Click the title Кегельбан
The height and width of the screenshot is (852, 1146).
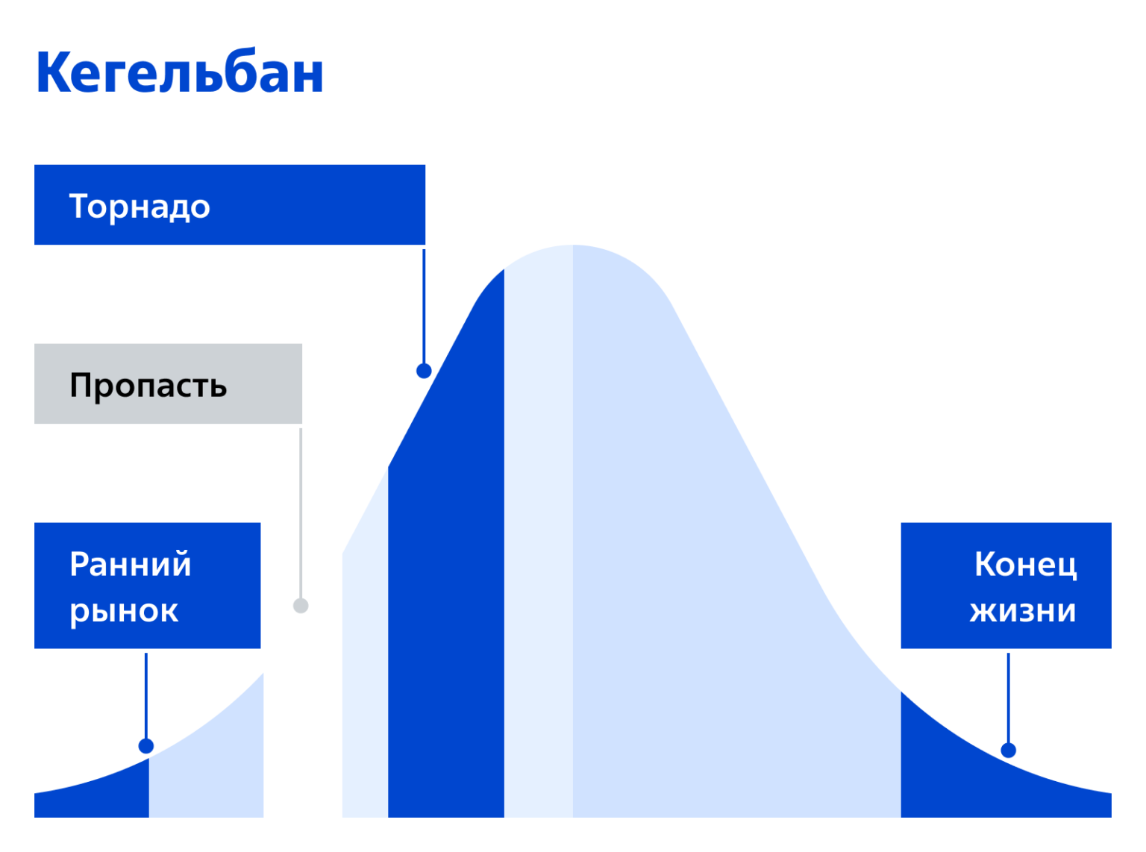click(179, 72)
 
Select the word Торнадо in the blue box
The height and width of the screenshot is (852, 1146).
click(140, 207)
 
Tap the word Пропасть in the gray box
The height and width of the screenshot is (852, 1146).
click(148, 386)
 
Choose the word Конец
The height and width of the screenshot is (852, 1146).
click(1025, 564)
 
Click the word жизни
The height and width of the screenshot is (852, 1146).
click(1022, 611)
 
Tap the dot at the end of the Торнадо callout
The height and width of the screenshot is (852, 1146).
click(424, 371)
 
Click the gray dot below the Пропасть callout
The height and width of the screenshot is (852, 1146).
click(301, 606)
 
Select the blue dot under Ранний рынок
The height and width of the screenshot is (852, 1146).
click(146, 746)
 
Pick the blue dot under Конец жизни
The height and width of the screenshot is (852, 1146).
click(1008, 751)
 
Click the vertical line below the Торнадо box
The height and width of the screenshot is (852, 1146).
click(424, 307)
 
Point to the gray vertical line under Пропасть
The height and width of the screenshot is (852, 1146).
click(301, 513)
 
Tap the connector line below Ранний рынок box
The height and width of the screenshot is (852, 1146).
click(146, 696)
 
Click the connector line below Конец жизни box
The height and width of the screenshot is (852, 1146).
click(1008, 698)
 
